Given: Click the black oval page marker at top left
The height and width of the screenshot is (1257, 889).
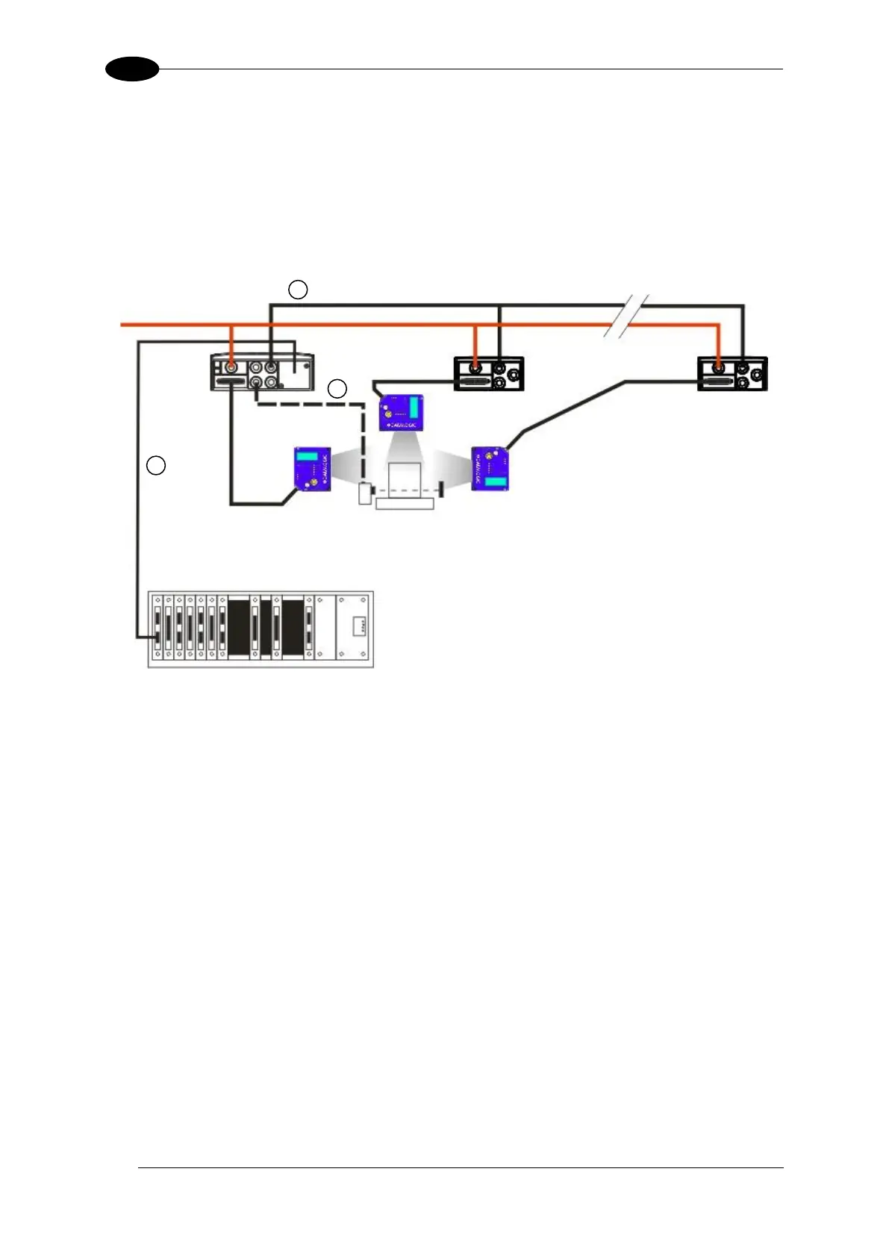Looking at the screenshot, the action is point(132,69).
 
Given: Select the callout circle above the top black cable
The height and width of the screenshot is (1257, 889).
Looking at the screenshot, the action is point(298,290).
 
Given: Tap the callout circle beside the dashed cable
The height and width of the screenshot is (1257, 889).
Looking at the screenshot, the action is point(337,389).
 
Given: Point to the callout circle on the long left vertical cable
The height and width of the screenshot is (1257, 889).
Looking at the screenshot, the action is point(155,466).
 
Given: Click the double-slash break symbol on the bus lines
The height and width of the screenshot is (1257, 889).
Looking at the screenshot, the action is point(626,316).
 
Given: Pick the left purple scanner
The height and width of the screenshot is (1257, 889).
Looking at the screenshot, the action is point(311,469).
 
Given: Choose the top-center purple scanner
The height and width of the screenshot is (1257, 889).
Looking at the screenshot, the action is point(402,412).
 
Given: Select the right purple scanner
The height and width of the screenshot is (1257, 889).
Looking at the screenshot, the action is point(490,468).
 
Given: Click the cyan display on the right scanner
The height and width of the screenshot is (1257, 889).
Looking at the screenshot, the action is point(495,481).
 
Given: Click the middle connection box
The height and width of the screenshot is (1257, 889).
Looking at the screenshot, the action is point(489,373).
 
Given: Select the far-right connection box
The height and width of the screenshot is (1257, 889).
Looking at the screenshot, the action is point(732,373).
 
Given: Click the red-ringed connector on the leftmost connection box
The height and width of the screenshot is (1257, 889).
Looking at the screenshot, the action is point(231,367).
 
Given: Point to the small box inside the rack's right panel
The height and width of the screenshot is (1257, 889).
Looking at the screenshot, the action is point(359,625).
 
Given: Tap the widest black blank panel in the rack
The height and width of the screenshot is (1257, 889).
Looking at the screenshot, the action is point(238,628).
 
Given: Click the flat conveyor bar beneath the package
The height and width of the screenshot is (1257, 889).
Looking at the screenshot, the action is point(405,505).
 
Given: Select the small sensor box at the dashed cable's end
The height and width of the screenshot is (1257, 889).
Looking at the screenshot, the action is point(364,494).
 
